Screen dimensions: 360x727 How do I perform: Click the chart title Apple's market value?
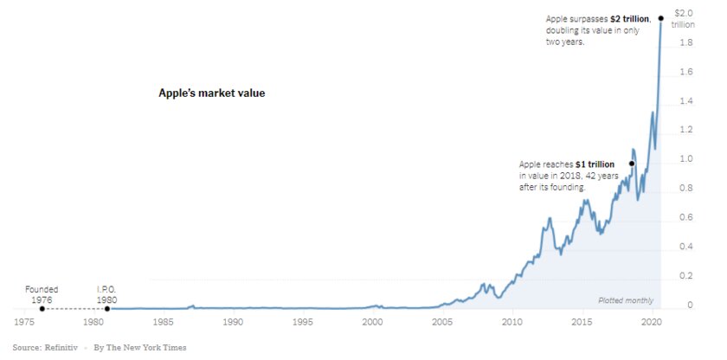[211, 93]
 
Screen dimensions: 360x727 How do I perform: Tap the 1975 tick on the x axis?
[24, 322]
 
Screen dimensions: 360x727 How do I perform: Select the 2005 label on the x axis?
[442, 322]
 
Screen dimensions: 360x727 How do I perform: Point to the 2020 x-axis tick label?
[653, 322]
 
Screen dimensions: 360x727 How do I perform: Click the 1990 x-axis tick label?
[233, 322]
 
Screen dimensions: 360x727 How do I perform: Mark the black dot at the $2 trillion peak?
[661, 17]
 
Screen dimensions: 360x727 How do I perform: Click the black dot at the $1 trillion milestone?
[632, 164]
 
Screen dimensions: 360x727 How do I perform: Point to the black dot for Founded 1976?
[42, 309]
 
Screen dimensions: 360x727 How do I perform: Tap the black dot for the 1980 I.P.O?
[107, 309]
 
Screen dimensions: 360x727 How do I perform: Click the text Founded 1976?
[42, 294]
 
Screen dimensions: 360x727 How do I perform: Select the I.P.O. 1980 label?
[106, 294]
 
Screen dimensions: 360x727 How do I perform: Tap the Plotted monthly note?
[626, 300]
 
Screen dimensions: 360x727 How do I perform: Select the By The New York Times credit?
[139, 348]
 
